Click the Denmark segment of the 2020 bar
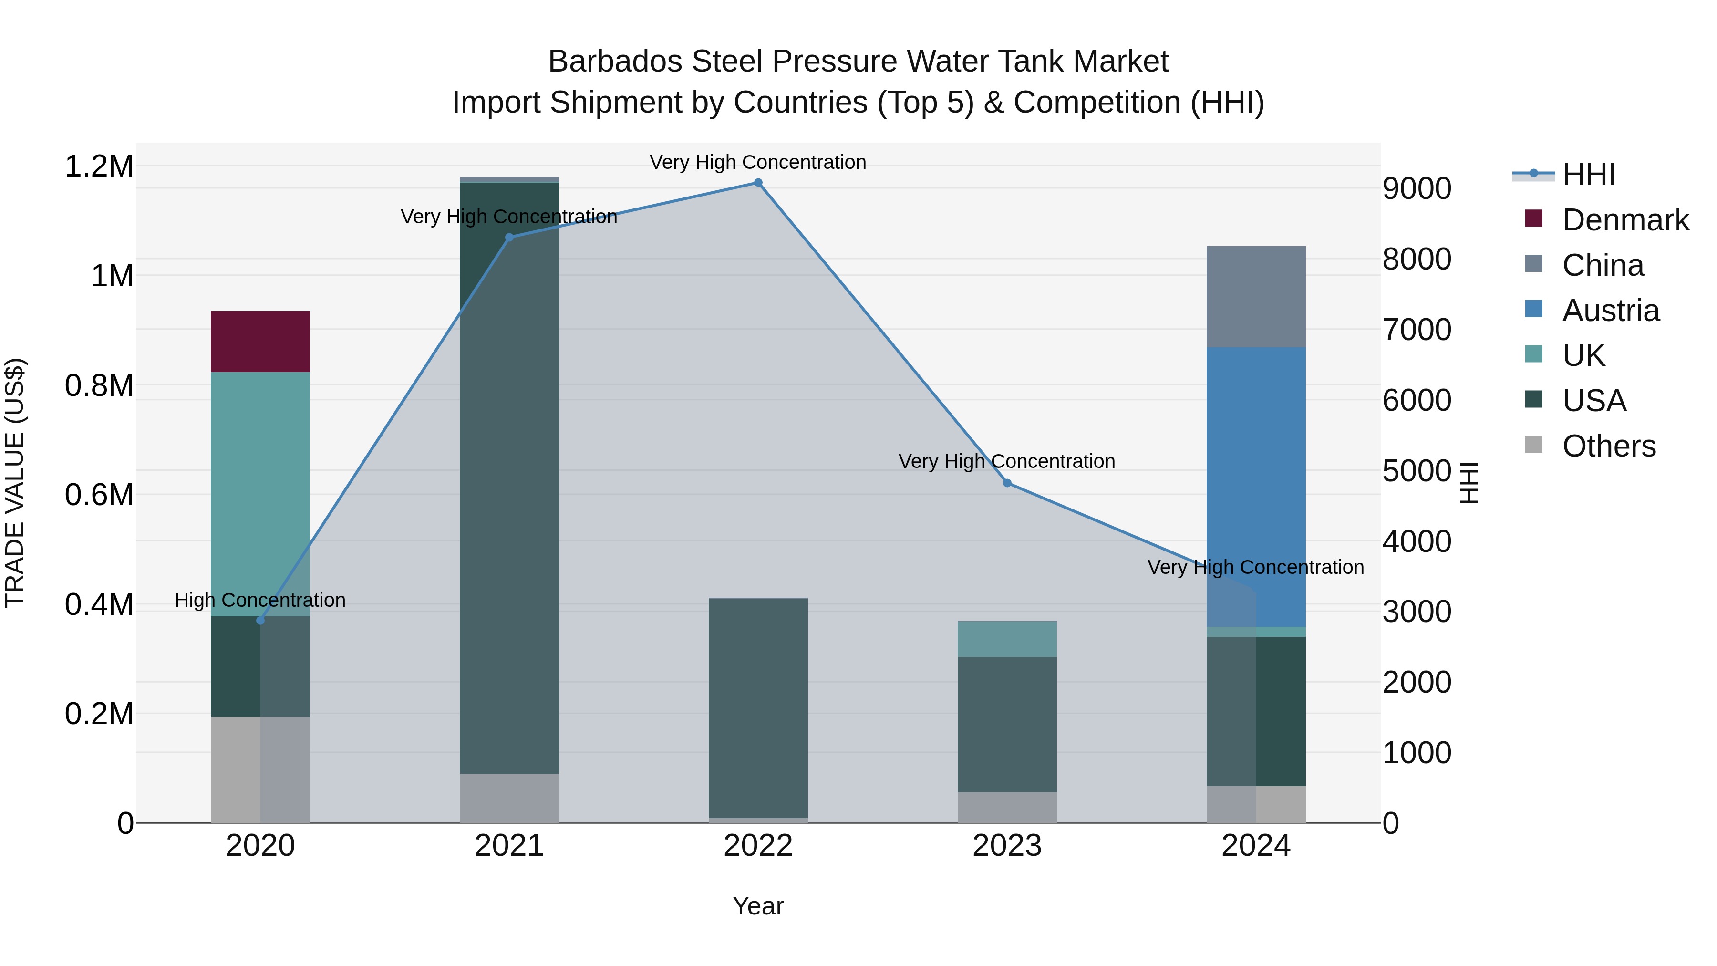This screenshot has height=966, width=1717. pyautogui.click(x=260, y=342)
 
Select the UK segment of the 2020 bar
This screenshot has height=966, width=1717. pyautogui.click(x=260, y=493)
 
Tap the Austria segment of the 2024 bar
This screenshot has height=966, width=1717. pyautogui.click(x=1256, y=487)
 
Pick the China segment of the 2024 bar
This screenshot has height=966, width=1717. pyautogui.click(x=1256, y=297)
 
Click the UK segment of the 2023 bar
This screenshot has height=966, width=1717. pyautogui.click(x=1006, y=639)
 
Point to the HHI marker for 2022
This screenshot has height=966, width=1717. pyautogui.click(x=758, y=183)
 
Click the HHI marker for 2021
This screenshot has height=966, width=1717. pyautogui.click(x=509, y=238)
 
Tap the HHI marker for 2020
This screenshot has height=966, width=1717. pyautogui.click(x=260, y=621)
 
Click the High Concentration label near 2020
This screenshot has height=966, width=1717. pyautogui.click(x=260, y=600)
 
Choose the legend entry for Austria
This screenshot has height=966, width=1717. pyautogui.click(x=1610, y=311)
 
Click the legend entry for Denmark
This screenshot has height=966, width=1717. pyautogui.click(x=1625, y=220)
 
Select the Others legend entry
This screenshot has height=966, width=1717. pyautogui.click(x=1608, y=446)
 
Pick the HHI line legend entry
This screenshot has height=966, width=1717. pyautogui.click(x=1588, y=175)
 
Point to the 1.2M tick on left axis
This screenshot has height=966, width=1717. pyautogui.click(x=99, y=166)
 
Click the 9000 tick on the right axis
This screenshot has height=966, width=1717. pyautogui.click(x=1417, y=188)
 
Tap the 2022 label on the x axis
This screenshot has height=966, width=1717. pyautogui.click(x=758, y=846)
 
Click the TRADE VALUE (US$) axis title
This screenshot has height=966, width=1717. pyautogui.click(x=15, y=483)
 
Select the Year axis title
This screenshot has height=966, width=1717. pyautogui.click(x=758, y=906)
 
